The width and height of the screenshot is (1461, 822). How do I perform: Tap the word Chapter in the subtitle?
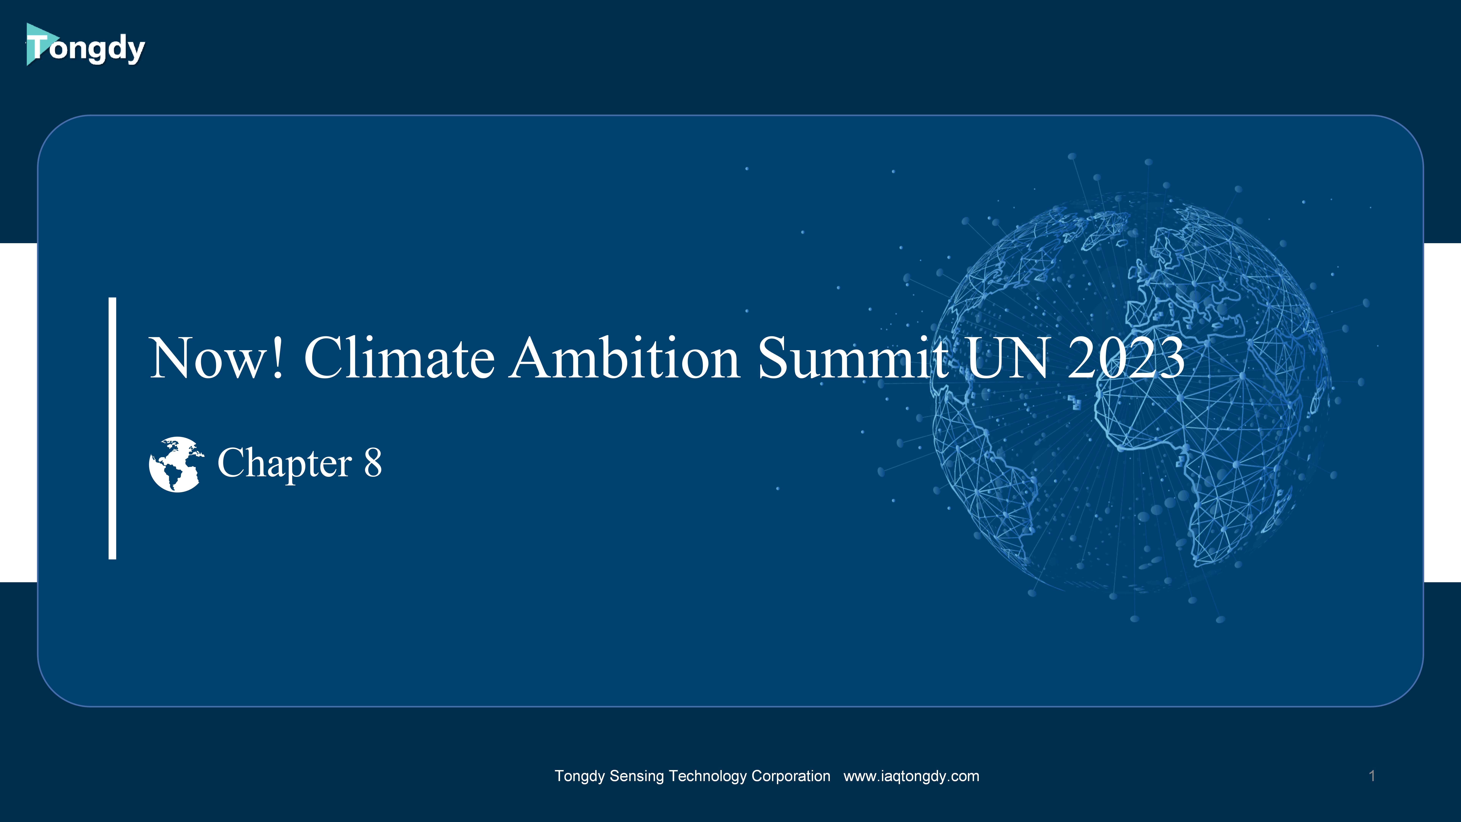[285, 464]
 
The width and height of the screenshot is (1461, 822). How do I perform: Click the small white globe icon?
[176, 464]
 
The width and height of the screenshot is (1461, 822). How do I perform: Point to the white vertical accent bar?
[112, 428]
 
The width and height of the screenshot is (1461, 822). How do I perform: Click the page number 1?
[1372, 776]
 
